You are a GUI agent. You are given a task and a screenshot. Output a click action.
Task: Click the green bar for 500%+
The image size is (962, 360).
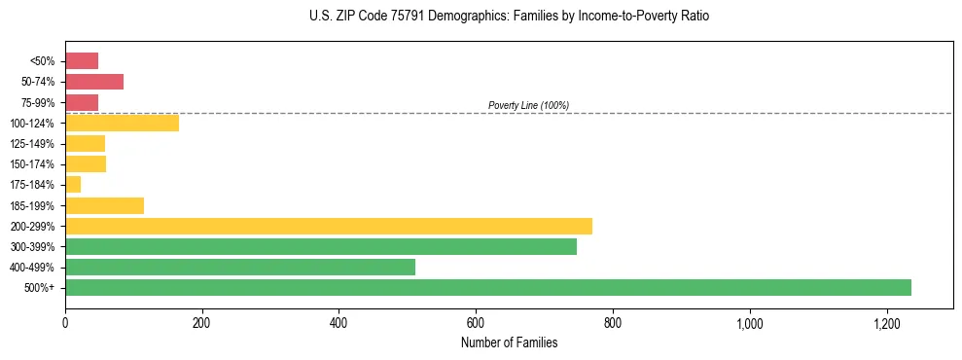487,287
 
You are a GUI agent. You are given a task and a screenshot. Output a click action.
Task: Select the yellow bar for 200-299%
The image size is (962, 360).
329,227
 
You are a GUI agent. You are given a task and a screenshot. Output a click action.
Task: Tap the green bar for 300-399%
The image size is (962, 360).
321,246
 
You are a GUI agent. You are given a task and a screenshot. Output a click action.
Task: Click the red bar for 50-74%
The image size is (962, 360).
94,82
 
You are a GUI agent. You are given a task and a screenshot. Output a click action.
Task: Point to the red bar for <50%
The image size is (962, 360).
82,61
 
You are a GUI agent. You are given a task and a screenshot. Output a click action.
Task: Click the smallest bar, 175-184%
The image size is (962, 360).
73,185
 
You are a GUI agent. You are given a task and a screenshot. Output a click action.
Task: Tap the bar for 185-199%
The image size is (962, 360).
104,205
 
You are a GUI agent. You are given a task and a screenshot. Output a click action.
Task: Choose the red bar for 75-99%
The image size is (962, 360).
82,102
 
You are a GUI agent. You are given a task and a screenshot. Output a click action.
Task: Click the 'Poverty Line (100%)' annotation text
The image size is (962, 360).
528,105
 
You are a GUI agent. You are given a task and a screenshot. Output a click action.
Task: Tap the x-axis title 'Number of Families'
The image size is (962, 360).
509,342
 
